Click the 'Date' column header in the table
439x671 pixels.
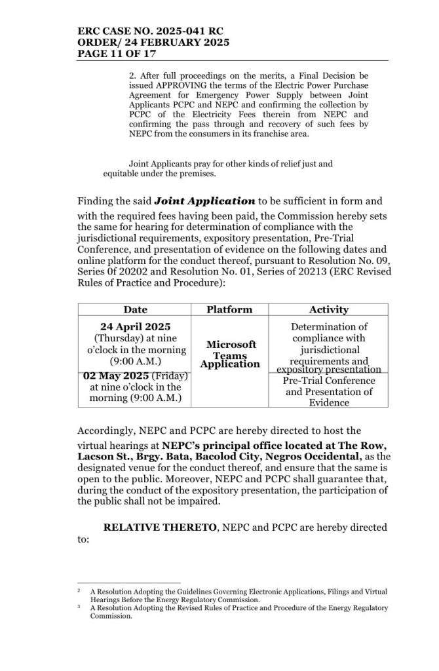136,309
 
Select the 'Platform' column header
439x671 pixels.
229,309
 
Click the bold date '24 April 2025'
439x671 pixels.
136,326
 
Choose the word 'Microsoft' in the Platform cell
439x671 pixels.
230,345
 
